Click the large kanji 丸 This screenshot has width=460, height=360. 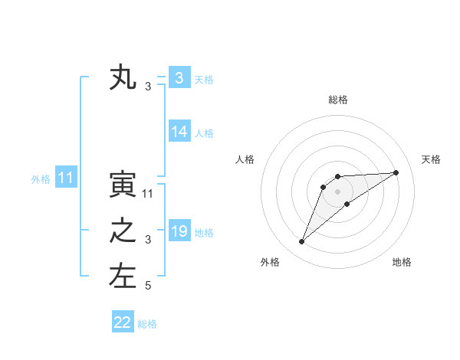pyautogui.click(x=123, y=78)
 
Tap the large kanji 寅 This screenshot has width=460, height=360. pyautogui.click(x=123, y=185)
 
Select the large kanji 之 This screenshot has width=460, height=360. pyautogui.click(x=123, y=231)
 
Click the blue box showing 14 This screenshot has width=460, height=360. pyautogui.click(x=179, y=132)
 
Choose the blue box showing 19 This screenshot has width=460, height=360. pyautogui.click(x=179, y=231)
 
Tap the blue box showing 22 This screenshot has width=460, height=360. pyautogui.click(x=123, y=322)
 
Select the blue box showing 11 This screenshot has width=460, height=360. pyautogui.click(x=66, y=178)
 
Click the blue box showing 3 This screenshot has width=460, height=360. pyautogui.click(x=179, y=78)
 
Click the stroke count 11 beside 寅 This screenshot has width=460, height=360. pyautogui.click(x=148, y=194)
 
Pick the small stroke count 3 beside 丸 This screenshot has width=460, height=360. pyautogui.click(x=148, y=87)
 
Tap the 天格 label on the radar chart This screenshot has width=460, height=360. pyautogui.click(x=432, y=159)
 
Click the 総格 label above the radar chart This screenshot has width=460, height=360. pyautogui.click(x=337, y=100)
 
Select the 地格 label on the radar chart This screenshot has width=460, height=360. pyautogui.click(x=402, y=262)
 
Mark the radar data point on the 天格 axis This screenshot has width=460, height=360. pyautogui.click(x=396, y=172)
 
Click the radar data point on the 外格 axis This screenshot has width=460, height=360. pyautogui.click(x=302, y=242)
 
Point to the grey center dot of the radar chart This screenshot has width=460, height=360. pyautogui.click(x=337, y=191)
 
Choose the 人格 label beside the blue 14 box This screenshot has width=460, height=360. pyautogui.click(x=204, y=133)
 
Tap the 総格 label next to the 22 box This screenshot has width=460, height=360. pyautogui.click(x=147, y=324)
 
